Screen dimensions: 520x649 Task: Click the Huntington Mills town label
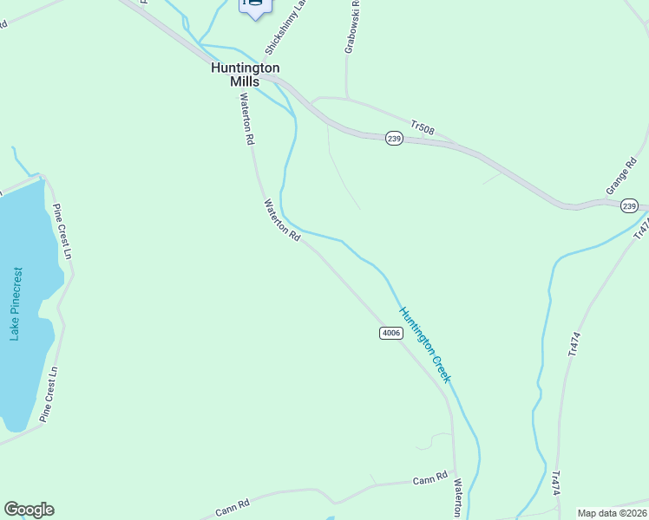[x=246, y=74]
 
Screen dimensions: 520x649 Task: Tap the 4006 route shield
[x=390, y=333]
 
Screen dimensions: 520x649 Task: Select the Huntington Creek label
[x=424, y=344]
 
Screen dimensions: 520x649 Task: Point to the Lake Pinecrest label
[x=16, y=303]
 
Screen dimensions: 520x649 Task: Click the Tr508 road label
[x=423, y=129]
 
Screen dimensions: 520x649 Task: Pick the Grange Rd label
[x=617, y=177]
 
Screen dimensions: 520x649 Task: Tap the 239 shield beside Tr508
[x=394, y=139]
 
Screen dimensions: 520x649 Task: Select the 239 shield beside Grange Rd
[x=630, y=205]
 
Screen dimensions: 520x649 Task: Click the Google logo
[x=29, y=510]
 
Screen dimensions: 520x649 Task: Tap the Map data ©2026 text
[x=612, y=513]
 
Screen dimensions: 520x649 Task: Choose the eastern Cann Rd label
[x=429, y=479]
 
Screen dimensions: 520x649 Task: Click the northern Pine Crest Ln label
[x=61, y=231]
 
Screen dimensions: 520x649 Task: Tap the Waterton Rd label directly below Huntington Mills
[x=247, y=119]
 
